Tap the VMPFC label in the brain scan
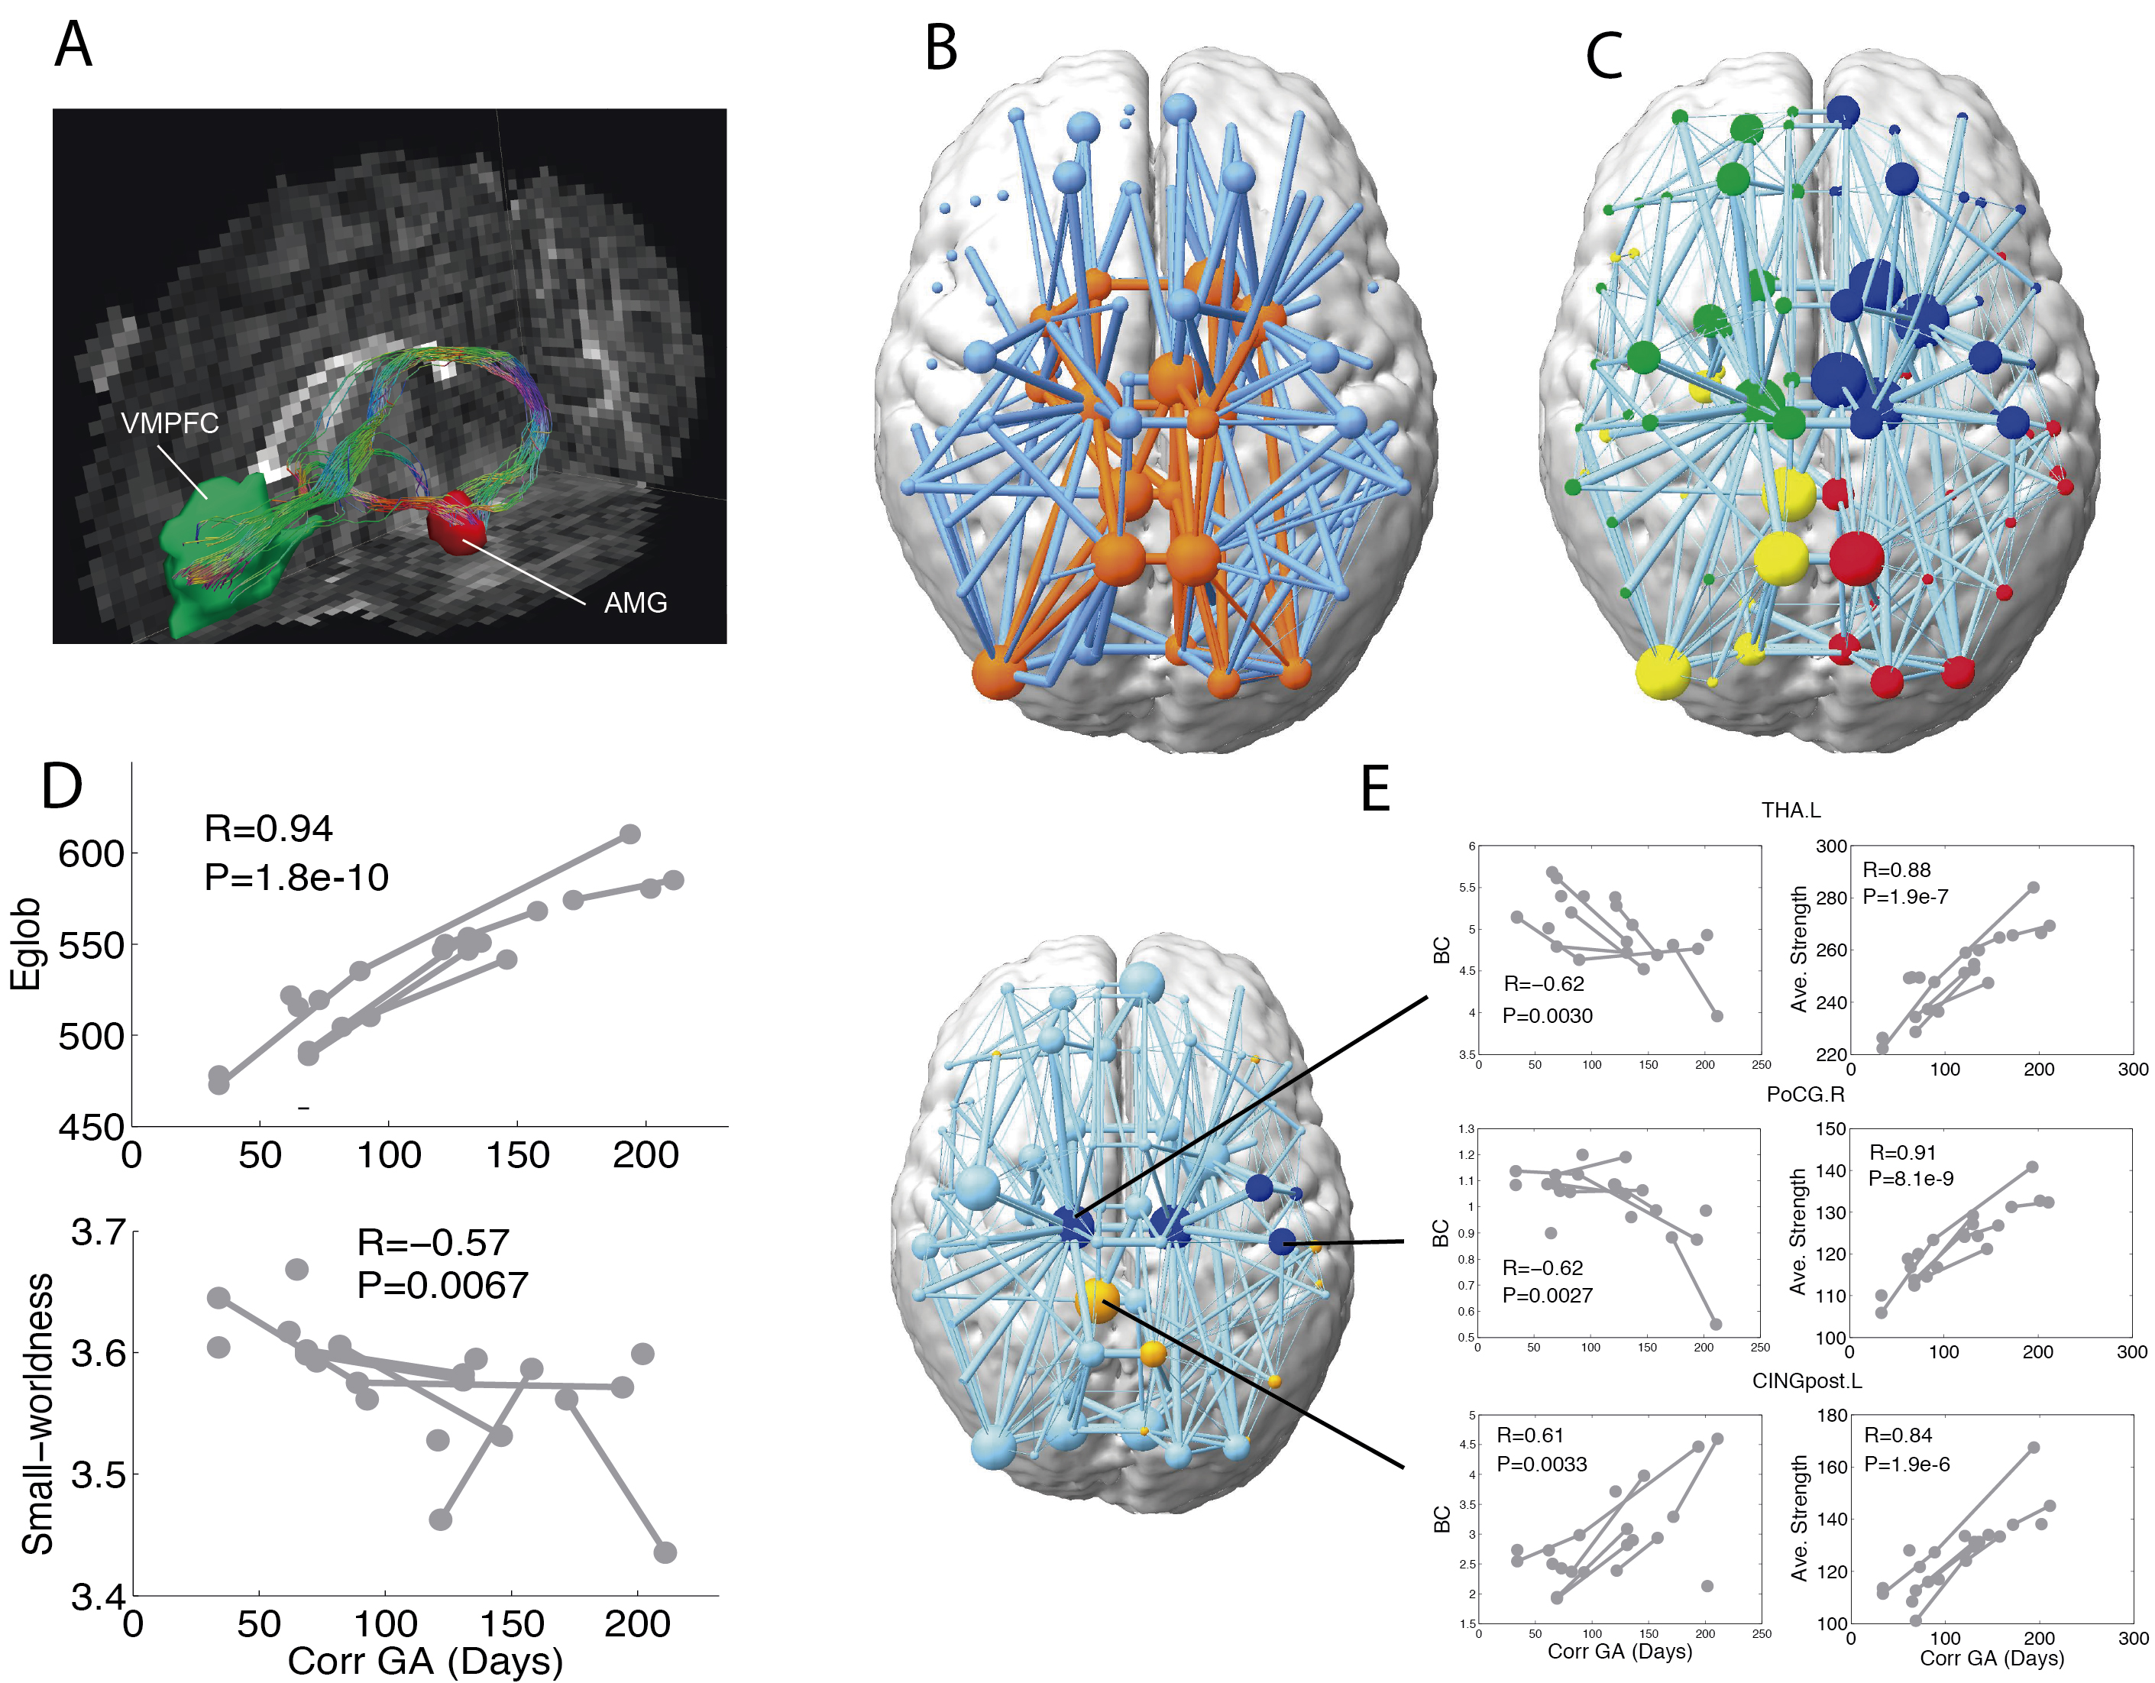[170, 423]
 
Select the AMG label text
[636, 602]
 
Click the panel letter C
[1604, 57]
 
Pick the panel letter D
[62, 786]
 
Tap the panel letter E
[1376, 789]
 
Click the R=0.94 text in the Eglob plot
[268, 829]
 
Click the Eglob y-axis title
[26, 943]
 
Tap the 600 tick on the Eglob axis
[91, 854]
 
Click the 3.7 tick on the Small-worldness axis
[99, 1233]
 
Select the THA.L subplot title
[1791, 810]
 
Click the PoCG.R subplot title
[1804, 1094]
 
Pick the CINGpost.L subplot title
[1807, 1381]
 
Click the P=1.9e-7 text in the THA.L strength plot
[1905, 897]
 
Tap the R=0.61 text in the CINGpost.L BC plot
[1530, 1435]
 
